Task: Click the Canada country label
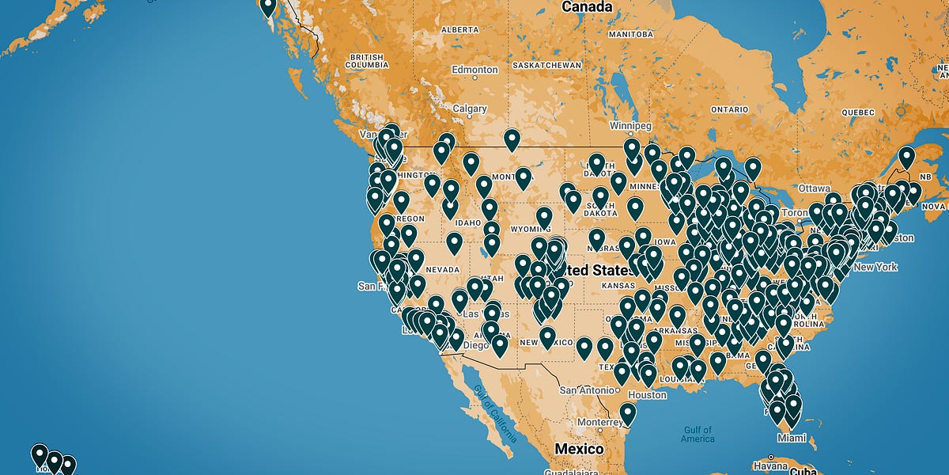[x=586, y=7]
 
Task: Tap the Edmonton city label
[x=475, y=70]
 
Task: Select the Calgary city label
[x=470, y=108]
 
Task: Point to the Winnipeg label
[x=630, y=126]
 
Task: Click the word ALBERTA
[x=459, y=29]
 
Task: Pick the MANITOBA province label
[x=630, y=36]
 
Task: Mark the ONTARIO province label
[x=729, y=109]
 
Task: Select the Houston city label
[x=648, y=394]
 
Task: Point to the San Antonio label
[x=587, y=390]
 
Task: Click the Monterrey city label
[x=600, y=423]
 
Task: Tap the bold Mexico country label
[x=578, y=449]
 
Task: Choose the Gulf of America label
[x=697, y=434]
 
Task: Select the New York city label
[x=875, y=267]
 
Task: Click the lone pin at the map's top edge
[x=268, y=7]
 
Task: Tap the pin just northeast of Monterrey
[x=627, y=413]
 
